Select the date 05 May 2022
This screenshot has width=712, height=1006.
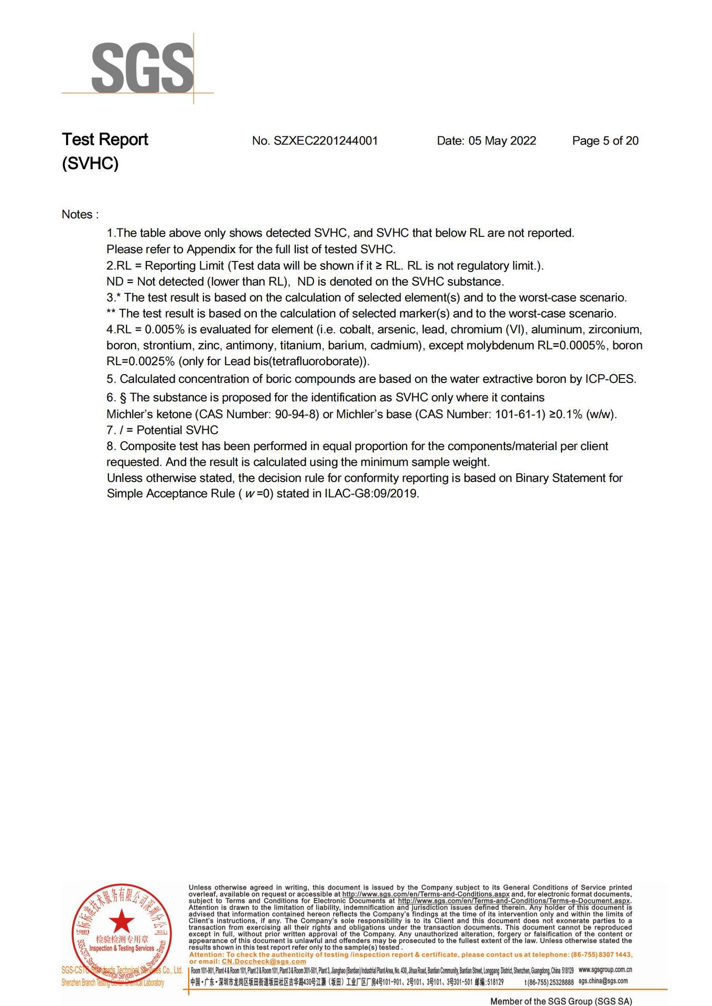502,141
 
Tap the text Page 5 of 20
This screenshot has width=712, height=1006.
605,141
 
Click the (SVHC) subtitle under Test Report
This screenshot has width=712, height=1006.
90,164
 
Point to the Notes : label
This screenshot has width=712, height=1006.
80,215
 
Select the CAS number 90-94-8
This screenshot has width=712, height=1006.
296,414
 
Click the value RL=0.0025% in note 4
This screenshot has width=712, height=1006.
140,362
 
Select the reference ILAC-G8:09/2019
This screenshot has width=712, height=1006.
371,494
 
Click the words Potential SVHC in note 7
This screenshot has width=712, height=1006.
177,431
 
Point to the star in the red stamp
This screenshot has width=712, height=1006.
122,921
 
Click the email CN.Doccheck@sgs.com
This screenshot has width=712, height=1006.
264,961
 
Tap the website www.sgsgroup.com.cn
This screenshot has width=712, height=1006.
605,970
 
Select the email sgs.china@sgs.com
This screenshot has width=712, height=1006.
603,981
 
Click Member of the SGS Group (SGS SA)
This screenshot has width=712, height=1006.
560,1001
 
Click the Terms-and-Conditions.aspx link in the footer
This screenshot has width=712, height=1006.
426,894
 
